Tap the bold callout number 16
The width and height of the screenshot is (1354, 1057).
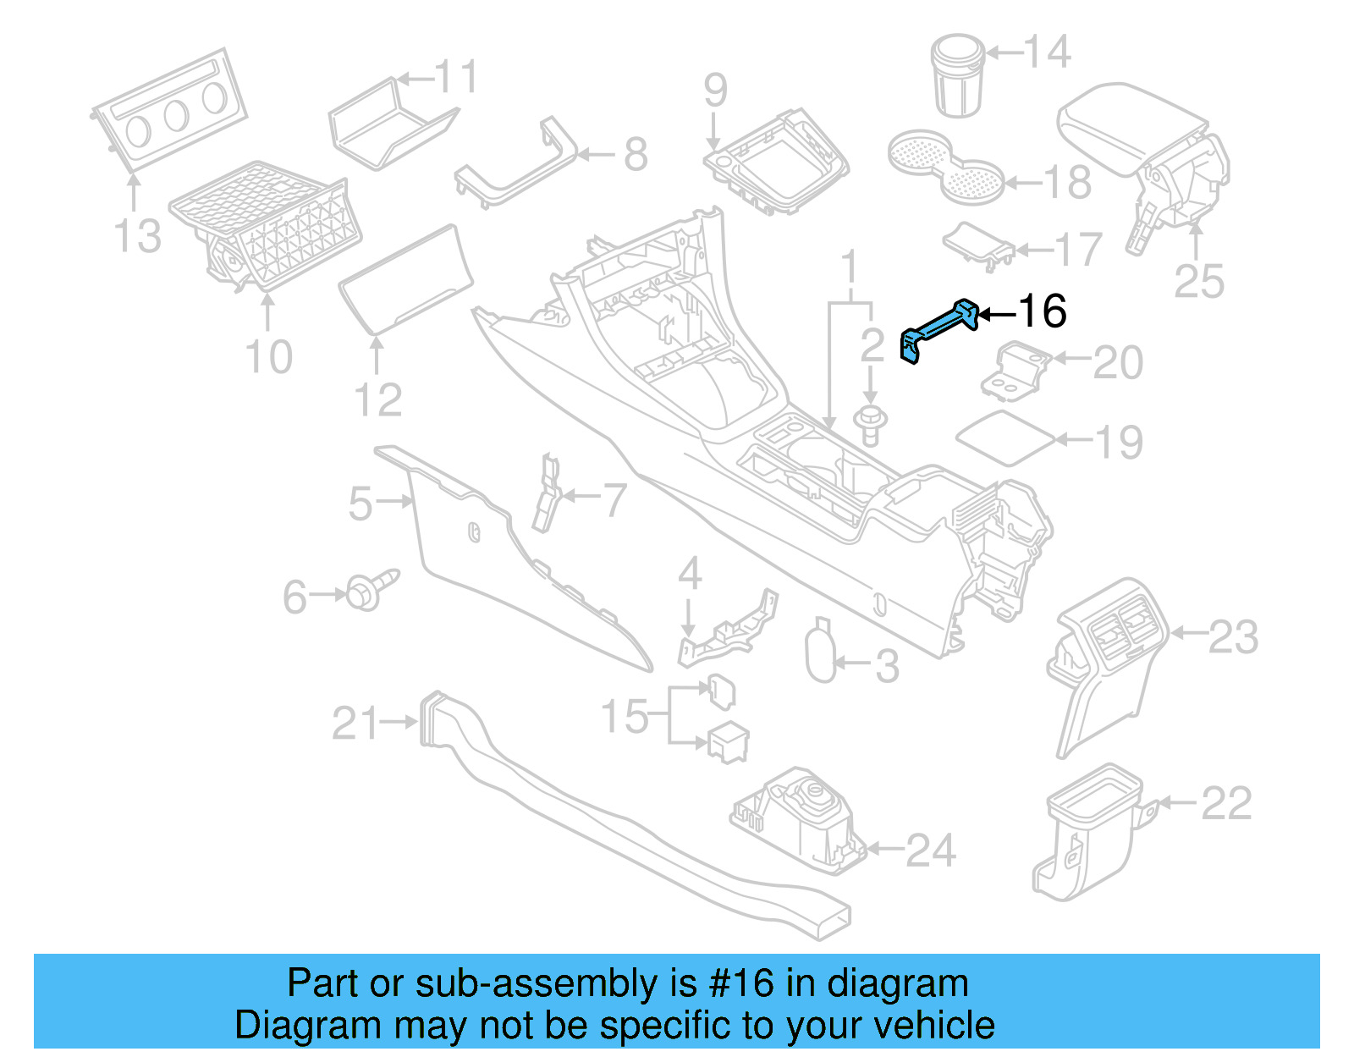tap(1042, 311)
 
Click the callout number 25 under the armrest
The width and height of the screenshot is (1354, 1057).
tap(1198, 282)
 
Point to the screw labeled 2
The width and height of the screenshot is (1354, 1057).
tap(869, 423)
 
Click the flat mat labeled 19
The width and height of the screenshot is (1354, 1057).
tap(1006, 438)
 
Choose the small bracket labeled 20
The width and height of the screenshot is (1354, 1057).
tap(1016, 370)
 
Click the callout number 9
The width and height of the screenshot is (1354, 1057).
tap(715, 90)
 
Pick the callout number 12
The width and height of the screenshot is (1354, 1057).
tap(377, 400)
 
